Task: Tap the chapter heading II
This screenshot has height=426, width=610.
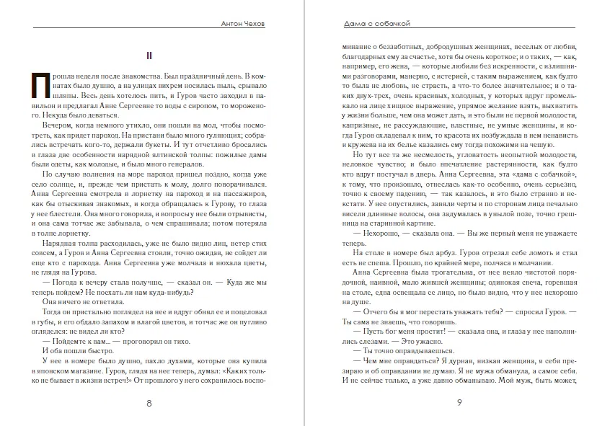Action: (147, 55)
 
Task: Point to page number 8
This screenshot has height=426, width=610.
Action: (149, 403)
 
